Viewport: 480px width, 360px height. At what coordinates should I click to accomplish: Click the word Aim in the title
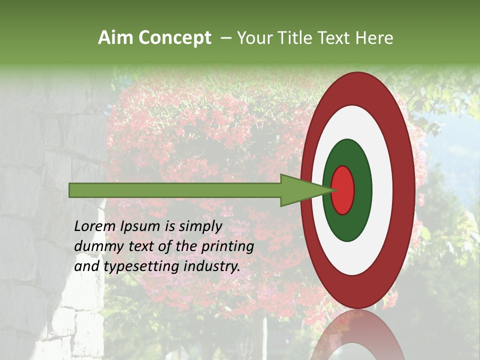(115, 38)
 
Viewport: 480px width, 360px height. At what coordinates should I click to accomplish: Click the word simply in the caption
(200, 227)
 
